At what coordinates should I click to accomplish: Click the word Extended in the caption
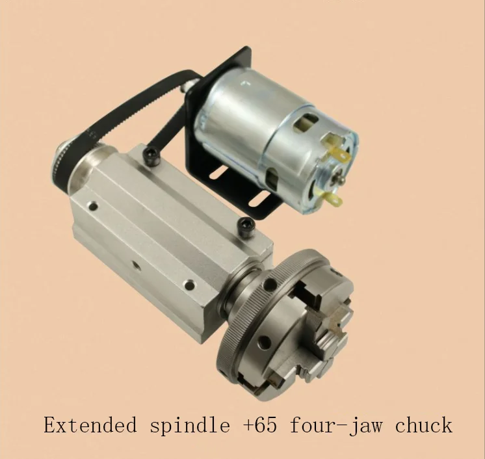(x=90, y=425)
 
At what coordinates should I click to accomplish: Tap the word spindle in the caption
(x=190, y=426)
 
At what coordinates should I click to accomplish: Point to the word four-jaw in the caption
(x=335, y=426)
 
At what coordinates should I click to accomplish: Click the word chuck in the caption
(x=423, y=425)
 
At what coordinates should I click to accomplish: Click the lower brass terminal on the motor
(x=331, y=198)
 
